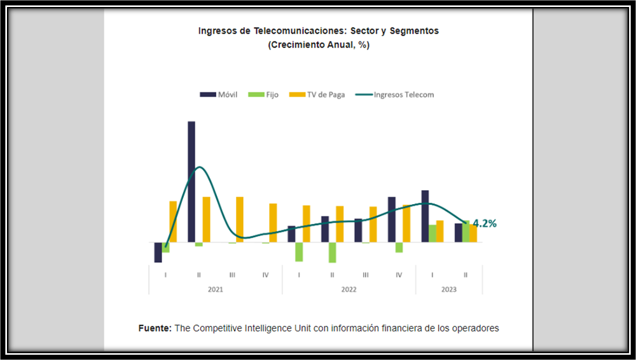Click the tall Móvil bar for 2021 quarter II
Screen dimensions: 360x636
pyautogui.click(x=191, y=181)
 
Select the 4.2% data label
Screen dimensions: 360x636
pyautogui.click(x=485, y=223)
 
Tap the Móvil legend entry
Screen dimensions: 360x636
pyautogui.click(x=219, y=95)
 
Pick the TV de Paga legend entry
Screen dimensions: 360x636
pyautogui.click(x=317, y=95)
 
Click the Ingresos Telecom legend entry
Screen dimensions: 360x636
pyautogui.click(x=395, y=95)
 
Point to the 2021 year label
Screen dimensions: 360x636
pyautogui.click(x=216, y=289)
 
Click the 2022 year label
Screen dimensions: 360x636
pyautogui.click(x=349, y=289)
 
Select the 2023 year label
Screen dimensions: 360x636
pyautogui.click(x=448, y=289)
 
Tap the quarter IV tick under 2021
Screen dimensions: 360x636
pyautogui.click(x=265, y=275)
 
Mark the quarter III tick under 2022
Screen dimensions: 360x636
pyautogui.click(x=365, y=275)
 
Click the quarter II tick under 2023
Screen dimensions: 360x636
pyautogui.click(x=466, y=275)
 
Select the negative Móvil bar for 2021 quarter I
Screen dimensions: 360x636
pyautogui.click(x=158, y=252)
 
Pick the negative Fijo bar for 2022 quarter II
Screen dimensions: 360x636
pyautogui.click(x=332, y=253)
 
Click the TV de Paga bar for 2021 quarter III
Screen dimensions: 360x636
pyautogui.click(x=240, y=219)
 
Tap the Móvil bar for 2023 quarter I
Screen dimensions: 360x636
pyautogui.click(x=425, y=216)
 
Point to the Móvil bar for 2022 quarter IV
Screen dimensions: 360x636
pyautogui.click(x=392, y=219)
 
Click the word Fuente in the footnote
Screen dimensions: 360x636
pyautogui.click(x=155, y=328)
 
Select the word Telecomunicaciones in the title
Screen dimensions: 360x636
pyautogui.click(x=298, y=31)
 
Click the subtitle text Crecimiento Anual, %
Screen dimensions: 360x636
pyautogui.click(x=319, y=45)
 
